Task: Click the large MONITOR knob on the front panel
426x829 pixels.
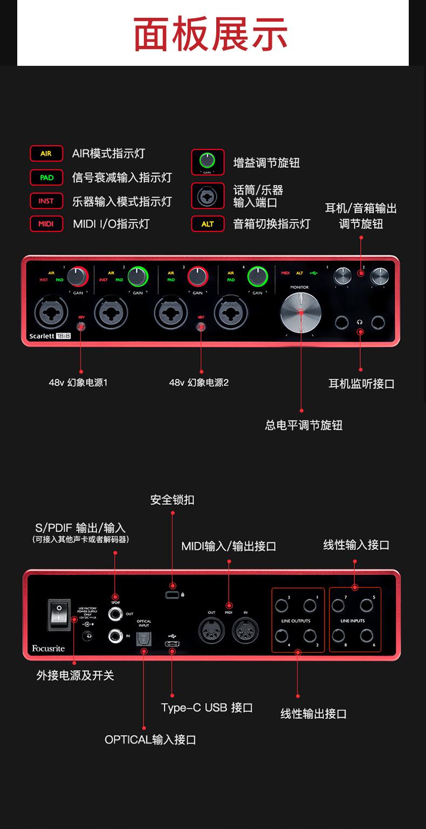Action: click(300, 312)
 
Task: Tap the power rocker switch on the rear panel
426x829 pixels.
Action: click(59, 614)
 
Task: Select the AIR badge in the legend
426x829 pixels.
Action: click(46, 154)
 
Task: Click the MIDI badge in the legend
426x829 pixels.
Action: click(46, 223)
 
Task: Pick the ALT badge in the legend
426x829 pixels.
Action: click(208, 224)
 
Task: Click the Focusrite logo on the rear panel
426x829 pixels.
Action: click(48, 648)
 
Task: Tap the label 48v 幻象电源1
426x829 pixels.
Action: click(78, 382)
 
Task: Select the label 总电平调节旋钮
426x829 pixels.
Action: click(304, 426)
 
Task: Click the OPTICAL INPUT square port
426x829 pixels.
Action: click(144, 638)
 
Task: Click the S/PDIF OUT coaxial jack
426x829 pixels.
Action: click(116, 614)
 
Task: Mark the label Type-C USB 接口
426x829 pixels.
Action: click(207, 708)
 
